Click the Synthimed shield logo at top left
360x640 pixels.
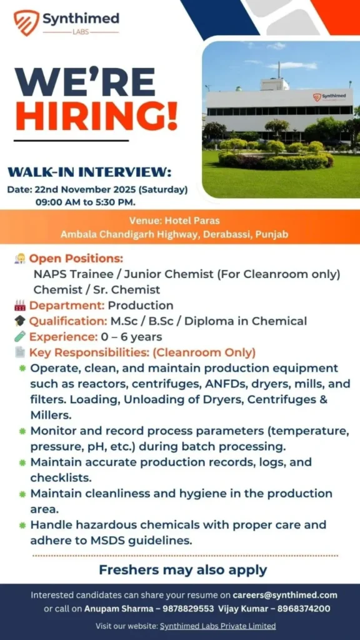26,22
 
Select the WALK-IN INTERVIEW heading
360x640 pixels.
89,172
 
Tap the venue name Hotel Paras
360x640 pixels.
192,221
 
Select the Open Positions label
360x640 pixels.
76,259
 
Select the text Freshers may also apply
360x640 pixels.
183,569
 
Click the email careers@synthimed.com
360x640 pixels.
285,595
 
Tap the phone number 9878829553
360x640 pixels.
188,609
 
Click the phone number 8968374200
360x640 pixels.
304,609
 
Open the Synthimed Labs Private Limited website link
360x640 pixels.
217,626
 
